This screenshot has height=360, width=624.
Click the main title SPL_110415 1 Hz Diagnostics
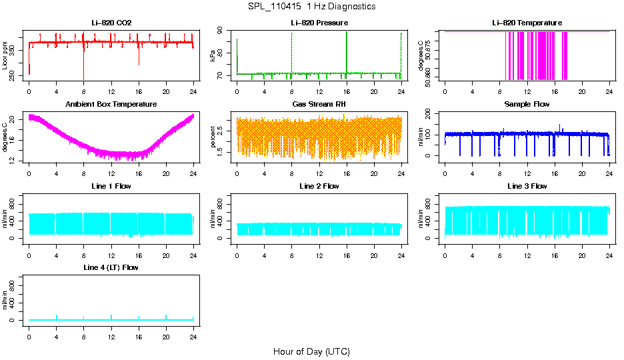tap(311, 7)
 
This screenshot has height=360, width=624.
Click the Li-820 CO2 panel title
tap(111, 23)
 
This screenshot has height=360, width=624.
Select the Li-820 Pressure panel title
tap(319, 23)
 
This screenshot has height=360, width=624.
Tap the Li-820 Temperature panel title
tap(527, 23)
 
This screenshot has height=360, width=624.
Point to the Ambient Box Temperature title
tap(111, 104)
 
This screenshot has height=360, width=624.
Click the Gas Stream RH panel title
tap(319, 104)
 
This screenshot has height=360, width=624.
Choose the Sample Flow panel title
tap(527, 104)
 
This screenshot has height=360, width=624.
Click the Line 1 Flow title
tap(111, 186)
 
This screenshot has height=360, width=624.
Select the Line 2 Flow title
tap(319, 186)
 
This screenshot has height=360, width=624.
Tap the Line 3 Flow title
tap(527, 186)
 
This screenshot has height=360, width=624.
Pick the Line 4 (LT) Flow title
tap(111, 267)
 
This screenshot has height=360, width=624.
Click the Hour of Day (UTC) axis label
tap(311, 351)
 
